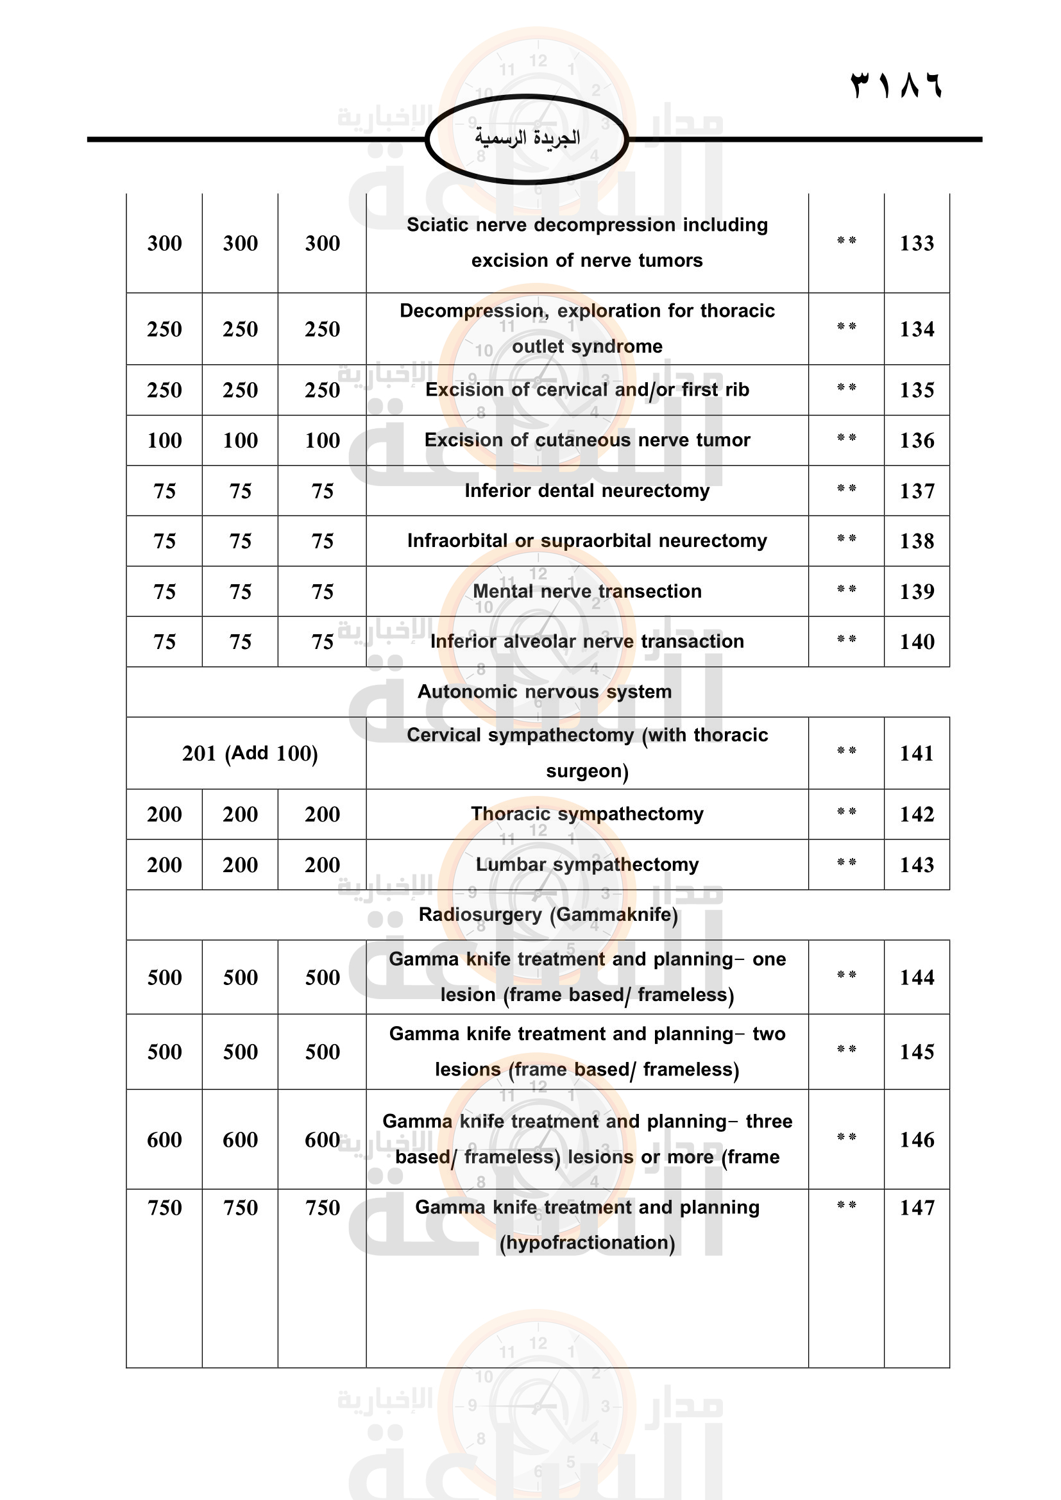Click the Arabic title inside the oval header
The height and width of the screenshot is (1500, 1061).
(x=527, y=138)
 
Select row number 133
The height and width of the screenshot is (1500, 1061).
(x=917, y=243)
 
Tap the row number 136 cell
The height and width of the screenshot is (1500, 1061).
(x=917, y=441)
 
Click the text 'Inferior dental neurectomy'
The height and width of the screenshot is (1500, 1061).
(x=587, y=491)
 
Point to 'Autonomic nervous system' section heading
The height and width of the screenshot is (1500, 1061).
(x=544, y=691)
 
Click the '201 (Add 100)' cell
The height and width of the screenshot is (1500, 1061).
(x=250, y=754)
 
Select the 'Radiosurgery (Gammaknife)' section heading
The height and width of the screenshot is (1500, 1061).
(x=548, y=914)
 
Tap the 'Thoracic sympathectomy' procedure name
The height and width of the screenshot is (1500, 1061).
(x=587, y=814)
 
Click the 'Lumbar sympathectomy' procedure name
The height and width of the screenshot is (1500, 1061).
(x=587, y=864)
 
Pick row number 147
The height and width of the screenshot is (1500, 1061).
(x=917, y=1208)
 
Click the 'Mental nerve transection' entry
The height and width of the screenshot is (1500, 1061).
(x=587, y=591)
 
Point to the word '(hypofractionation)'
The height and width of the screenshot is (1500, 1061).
(x=587, y=1243)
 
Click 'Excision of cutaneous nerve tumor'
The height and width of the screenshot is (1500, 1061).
(x=587, y=441)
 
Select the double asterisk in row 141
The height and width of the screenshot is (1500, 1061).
(x=846, y=752)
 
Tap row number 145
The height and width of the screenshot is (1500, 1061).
(x=917, y=1052)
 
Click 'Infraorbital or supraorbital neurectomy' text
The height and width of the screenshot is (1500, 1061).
(x=587, y=541)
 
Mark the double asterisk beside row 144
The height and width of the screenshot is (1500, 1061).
(x=846, y=975)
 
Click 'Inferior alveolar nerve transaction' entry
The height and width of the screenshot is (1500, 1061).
(x=587, y=641)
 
